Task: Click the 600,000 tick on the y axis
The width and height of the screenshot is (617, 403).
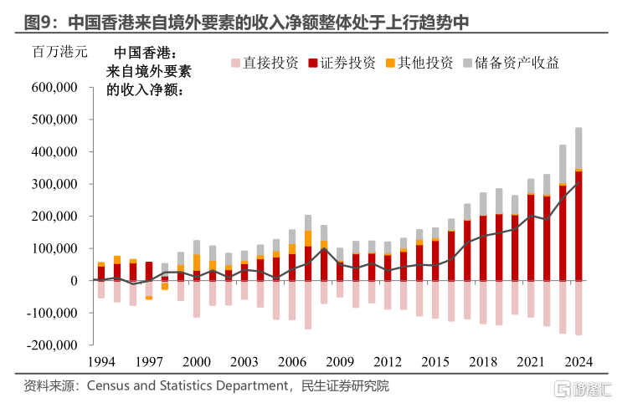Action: [54, 87]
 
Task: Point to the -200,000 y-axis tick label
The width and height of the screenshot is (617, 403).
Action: [53, 344]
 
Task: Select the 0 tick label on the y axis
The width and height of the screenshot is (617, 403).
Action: [73, 280]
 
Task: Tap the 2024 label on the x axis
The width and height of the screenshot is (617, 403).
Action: [578, 360]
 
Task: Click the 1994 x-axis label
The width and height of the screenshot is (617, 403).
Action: [101, 360]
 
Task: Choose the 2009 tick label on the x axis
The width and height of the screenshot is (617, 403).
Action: [339, 360]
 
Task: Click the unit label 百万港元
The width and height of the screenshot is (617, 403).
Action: [59, 52]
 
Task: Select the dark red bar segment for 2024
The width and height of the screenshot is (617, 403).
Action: [578, 226]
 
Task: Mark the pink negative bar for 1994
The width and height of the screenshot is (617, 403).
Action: [101, 289]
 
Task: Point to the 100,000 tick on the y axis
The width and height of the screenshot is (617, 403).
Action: [54, 248]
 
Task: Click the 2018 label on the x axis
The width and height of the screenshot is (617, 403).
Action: [483, 360]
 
